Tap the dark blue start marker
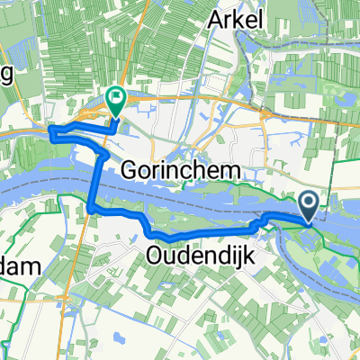[307, 207]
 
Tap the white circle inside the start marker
[307, 203]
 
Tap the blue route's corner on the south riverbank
[93, 211]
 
